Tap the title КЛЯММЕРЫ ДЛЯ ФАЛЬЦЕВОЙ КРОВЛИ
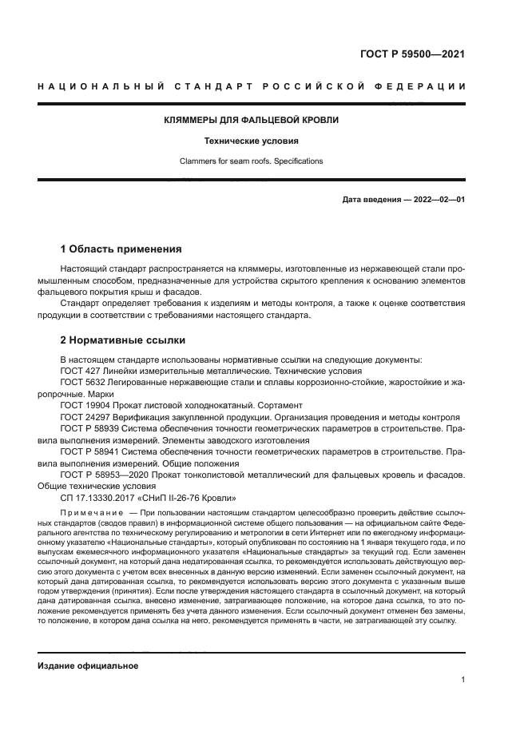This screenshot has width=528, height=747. click(240, 120)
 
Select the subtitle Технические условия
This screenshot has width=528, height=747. click(240, 141)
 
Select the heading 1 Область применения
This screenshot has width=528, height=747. click(121, 249)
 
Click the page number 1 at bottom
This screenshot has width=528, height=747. click(462, 680)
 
